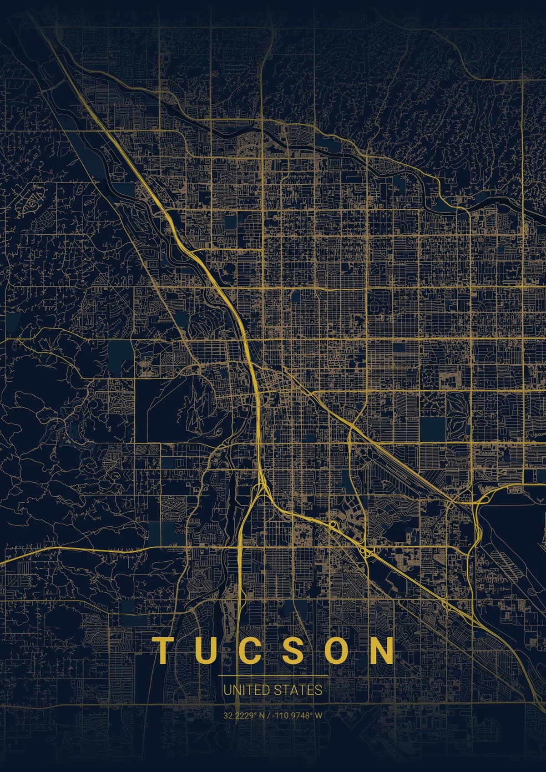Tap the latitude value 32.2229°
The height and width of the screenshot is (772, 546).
[x=240, y=715]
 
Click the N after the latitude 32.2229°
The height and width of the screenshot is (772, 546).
[x=262, y=715]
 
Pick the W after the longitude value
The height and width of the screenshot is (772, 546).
[x=318, y=715]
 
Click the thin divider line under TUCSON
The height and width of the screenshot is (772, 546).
[x=273, y=676]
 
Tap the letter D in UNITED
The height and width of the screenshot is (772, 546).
[x=266, y=690]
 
